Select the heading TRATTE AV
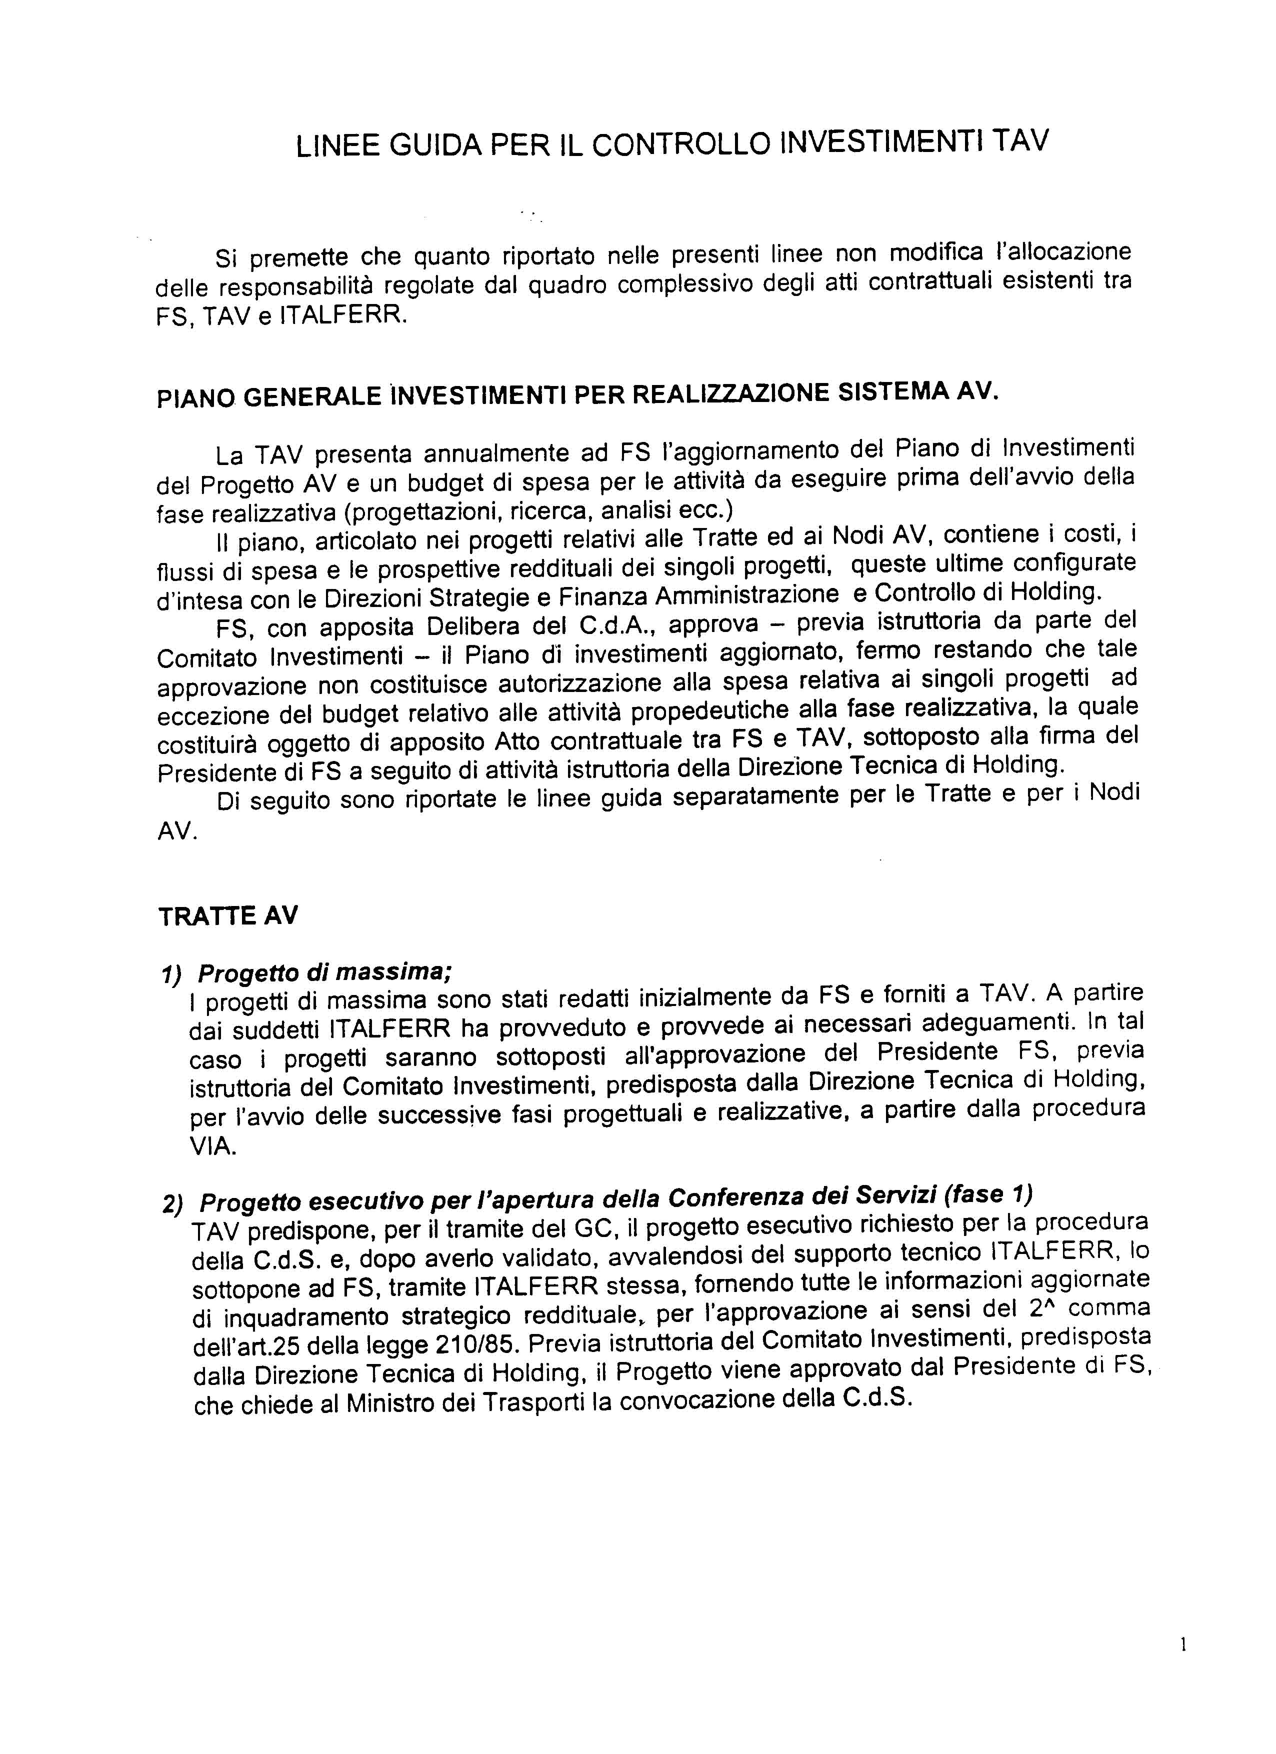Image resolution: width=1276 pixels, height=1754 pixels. [228, 915]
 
